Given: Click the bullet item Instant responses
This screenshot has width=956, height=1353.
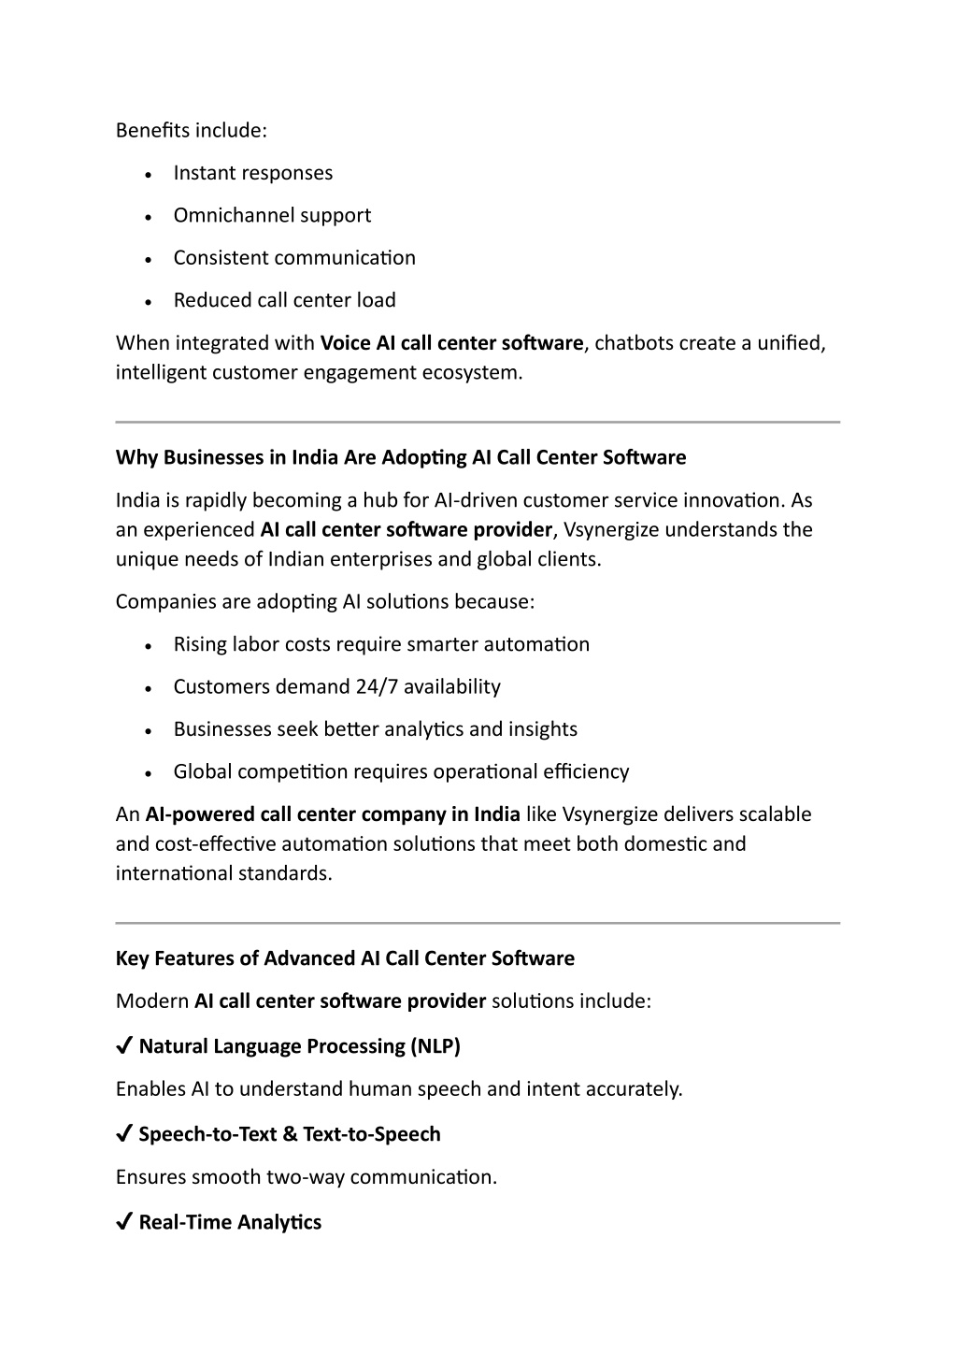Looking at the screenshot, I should tap(252, 173).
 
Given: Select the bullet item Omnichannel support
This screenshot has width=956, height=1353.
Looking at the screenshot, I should tap(272, 215).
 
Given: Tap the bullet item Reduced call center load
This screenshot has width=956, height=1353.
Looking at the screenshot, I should tap(284, 300).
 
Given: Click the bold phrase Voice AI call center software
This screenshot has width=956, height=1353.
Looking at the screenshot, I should tap(451, 343).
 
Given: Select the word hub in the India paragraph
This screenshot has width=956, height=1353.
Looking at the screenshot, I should tap(381, 500).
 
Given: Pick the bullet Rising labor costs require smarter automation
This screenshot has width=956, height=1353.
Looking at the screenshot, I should tap(381, 644).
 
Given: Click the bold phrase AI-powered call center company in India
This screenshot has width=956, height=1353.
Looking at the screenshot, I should tap(333, 814).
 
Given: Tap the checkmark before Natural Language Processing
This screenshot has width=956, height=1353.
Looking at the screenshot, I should tap(123, 1046).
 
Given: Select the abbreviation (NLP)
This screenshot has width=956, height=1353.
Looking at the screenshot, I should tap(435, 1046).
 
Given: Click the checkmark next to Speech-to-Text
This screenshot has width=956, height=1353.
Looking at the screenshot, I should tap(123, 1134).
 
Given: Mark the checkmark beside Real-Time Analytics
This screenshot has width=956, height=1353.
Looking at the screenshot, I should tap(123, 1222).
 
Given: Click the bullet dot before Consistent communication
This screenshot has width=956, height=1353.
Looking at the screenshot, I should tap(150, 259).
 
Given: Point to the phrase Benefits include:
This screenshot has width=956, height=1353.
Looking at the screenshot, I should tap(192, 130).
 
